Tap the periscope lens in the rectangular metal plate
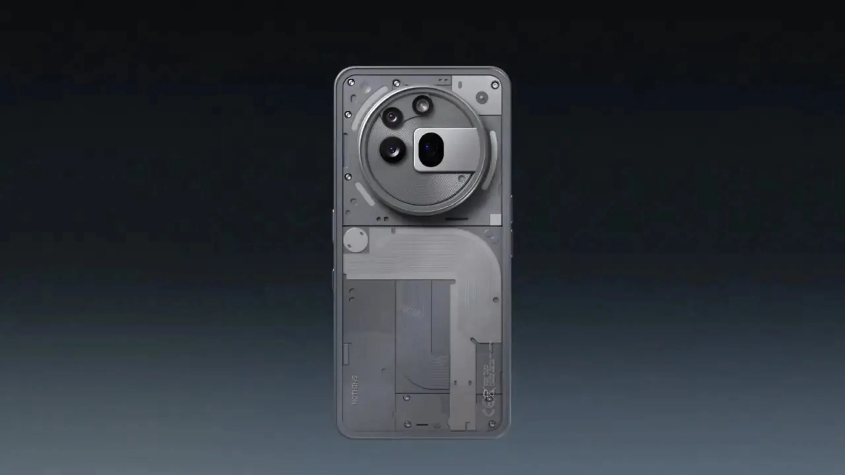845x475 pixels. (x=430, y=149)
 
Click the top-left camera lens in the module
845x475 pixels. (x=392, y=116)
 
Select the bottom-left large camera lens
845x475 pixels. (x=392, y=150)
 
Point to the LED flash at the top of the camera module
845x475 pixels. (x=422, y=105)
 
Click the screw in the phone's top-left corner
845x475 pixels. (x=351, y=82)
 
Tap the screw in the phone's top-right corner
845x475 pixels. (x=495, y=85)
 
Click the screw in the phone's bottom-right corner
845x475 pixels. (x=492, y=424)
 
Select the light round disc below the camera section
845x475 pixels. (x=355, y=239)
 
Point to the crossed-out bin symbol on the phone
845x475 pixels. (x=489, y=396)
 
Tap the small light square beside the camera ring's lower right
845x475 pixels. (x=495, y=219)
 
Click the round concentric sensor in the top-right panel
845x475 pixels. (x=482, y=97)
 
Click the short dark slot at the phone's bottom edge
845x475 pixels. (x=422, y=425)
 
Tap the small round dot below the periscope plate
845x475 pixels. (x=462, y=178)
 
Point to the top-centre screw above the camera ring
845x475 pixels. (x=397, y=83)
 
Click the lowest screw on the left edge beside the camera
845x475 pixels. (x=348, y=176)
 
